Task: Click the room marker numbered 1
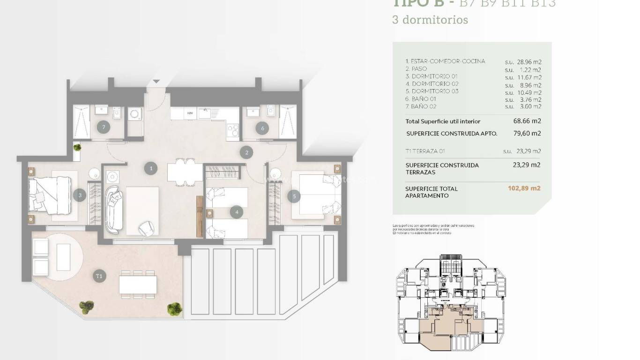tap(150, 168)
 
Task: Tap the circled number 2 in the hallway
tap(246, 152)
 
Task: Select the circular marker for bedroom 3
tap(80, 195)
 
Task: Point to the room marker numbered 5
tap(294, 196)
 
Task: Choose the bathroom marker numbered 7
tap(103, 127)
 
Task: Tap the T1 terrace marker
tap(99, 276)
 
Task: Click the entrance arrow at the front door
tap(156, 82)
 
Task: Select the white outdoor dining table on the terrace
tap(138, 284)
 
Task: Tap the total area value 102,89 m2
tap(524, 188)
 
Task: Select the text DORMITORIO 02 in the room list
tap(432, 84)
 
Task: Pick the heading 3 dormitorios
tap(430, 20)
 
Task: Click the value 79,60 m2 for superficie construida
tap(527, 134)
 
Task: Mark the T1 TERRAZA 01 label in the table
tap(424, 151)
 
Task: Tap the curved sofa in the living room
tap(113, 210)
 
